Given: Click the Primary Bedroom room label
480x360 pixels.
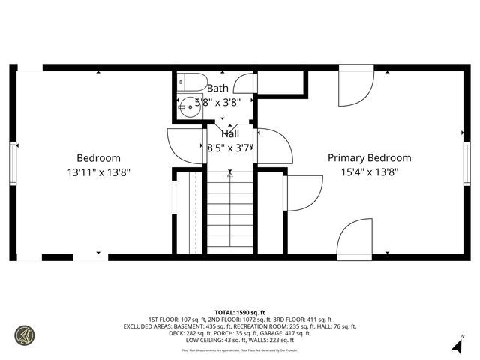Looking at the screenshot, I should click(370, 157).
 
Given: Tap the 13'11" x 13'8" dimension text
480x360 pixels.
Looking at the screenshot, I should click(99, 172).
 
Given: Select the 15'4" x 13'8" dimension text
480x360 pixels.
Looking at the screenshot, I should click(370, 172).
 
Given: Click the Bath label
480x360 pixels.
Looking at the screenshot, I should click(217, 88).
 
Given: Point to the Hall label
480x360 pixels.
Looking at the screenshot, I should click(230, 133).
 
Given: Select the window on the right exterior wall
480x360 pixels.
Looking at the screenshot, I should click(467, 160).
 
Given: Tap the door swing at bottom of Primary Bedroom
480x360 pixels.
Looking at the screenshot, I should click(354, 240).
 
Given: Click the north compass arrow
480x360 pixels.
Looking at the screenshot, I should click(455, 345).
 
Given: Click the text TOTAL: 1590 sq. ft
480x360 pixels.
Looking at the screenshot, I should click(240, 312).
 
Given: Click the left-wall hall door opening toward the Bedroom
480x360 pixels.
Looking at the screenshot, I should click(184, 145).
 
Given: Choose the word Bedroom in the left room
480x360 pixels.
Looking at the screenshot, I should click(99, 157).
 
